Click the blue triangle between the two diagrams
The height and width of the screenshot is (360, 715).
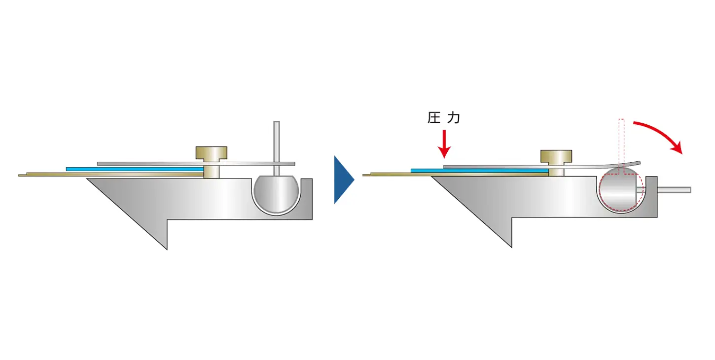pyautogui.click(x=343, y=180)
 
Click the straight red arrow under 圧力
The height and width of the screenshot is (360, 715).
pyautogui.click(x=445, y=143)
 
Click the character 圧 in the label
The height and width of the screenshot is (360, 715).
pyautogui.click(x=433, y=118)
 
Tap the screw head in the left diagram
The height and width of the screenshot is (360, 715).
pyautogui.click(x=212, y=153)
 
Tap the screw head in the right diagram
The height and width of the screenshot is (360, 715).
pyautogui.click(x=556, y=156)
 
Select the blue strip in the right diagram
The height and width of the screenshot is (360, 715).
pyautogui.click(x=479, y=171)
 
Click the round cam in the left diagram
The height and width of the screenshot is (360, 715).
pyautogui.click(x=277, y=194)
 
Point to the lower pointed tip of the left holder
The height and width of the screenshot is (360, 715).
pyautogui.click(x=166, y=248)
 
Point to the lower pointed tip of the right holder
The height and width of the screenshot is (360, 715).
pyautogui.click(x=511, y=246)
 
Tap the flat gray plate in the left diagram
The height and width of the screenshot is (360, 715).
pyautogui.click(x=148, y=163)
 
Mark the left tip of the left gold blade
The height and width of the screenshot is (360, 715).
pyautogui.click(x=20, y=175)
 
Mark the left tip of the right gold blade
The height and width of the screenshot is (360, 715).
pyautogui.click(x=364, y=175)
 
